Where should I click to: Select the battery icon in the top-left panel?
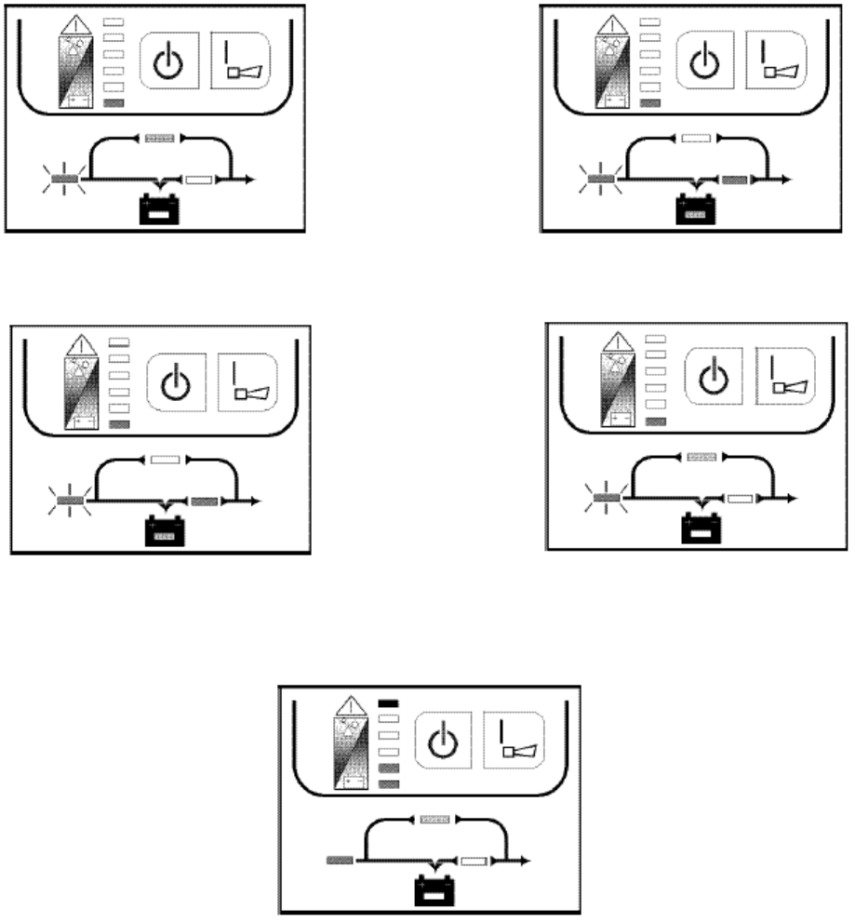(161, 208)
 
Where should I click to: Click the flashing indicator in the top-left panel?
(65, 177)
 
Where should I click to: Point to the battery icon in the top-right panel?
(696, 208)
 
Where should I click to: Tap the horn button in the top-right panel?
(775, 62)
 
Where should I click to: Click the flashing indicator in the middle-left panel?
(71, 501)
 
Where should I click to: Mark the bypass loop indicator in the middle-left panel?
(165, 459)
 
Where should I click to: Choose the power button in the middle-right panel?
(711, 376)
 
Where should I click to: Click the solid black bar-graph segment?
(389, 702)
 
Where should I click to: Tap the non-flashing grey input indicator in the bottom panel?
(339, 860)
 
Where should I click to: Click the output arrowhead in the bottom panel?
(526, 860)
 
